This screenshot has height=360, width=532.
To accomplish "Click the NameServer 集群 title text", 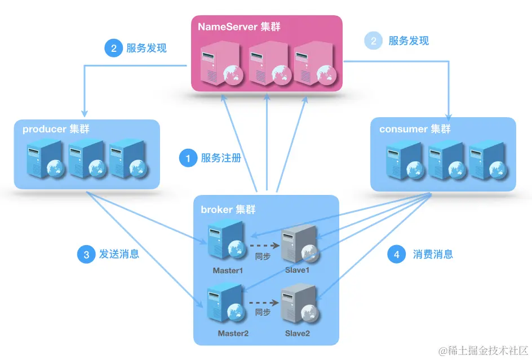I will [x=239, y=26].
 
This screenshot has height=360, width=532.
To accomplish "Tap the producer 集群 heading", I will [x=56, y=130].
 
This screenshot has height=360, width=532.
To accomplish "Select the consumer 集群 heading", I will [x=415, y=129].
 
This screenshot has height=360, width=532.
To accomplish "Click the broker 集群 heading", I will [x=228, y=210].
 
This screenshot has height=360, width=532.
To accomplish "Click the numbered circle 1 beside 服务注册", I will [x=188, y=158].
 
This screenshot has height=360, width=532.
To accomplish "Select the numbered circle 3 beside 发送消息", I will [x=86, y=255].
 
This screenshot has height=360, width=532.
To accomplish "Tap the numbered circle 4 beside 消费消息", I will [x=397, y=255].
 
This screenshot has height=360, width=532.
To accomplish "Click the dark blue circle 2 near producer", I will [x=113, y=48].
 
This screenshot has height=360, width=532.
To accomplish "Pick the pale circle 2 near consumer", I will [x=373, y=41].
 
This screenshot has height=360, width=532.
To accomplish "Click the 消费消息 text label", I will [x=433, y=254].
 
